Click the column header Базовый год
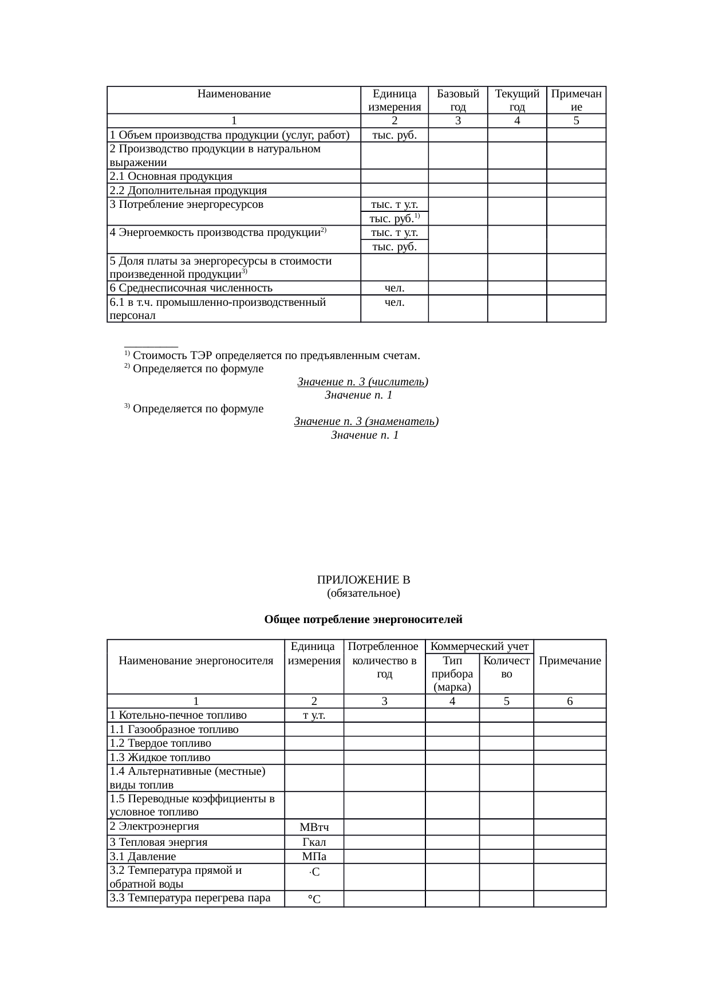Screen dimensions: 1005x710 click(457, 100)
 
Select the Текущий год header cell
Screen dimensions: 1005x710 click(517, 100)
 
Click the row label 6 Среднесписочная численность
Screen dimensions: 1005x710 click(191, 288)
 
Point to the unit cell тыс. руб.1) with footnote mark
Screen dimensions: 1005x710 click(395, 218)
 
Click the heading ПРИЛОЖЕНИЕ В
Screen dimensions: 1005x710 click(363, 580)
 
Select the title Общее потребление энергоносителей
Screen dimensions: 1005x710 click(363, 620)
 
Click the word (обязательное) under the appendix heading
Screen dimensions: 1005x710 click(363, 593)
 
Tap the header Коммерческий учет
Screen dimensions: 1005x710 click(479, 647)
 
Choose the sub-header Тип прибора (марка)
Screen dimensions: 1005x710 click(452, 673)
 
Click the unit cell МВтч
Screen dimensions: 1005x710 click(314, 827)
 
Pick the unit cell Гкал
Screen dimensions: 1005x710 click(314, 842)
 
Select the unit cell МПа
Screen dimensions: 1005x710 click(314, 857)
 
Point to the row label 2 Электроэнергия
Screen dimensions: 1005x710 click(154, 826)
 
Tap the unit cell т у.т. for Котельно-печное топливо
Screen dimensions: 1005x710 click(314, 715)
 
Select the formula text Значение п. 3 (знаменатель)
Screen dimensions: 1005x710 click(366, 421)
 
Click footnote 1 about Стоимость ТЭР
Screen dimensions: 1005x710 click(273, 356)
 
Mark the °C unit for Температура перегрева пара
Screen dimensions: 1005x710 click(314, 900)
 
